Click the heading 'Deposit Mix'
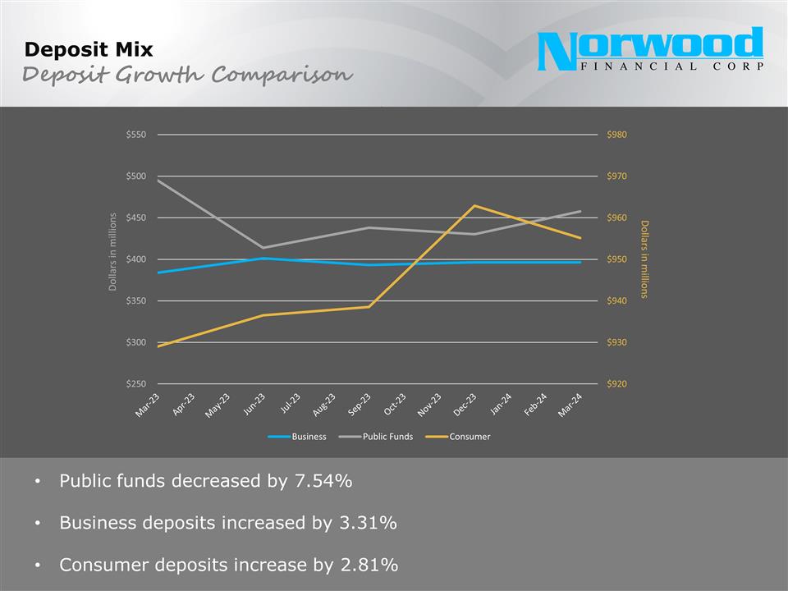[89, 49]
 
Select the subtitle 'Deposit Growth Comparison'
[187, 75]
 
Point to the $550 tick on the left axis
[135, 135]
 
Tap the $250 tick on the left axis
[135, 384]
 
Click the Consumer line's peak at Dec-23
[474, 205]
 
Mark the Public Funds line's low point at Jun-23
[263, 247]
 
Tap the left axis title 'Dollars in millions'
[112, 251]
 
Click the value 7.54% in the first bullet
[323, 481]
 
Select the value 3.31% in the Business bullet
[368, 523]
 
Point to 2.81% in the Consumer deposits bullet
[369, 565]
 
